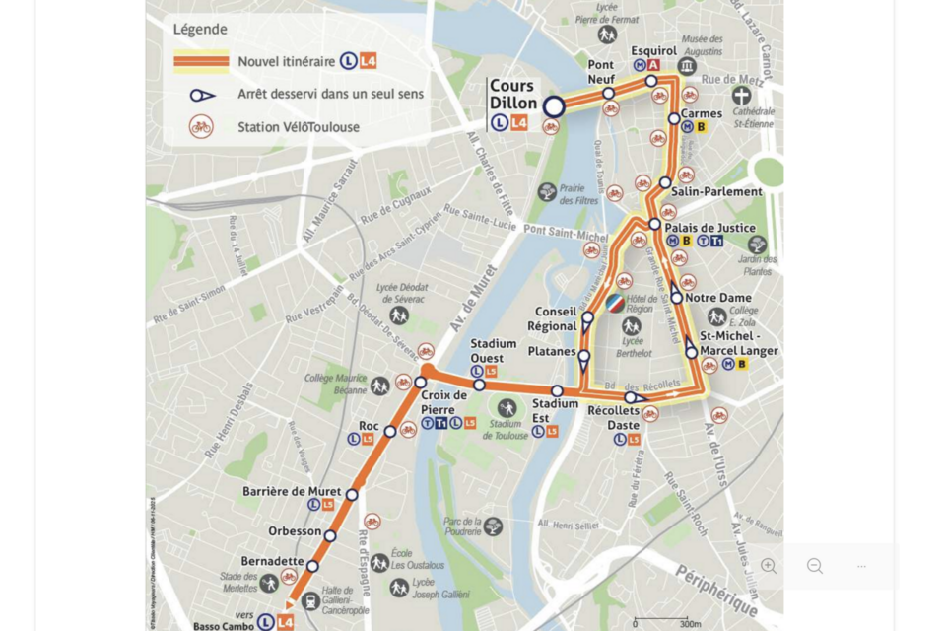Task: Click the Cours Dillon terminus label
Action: pos(513,95)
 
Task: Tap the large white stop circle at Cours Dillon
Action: pos(555,106)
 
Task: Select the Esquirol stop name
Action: pos(653,50)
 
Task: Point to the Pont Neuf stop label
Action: pos(601,72)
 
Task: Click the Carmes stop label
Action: pos(702,113)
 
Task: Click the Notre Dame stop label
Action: pos(718,298)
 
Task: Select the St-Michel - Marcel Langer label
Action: pos(732,343)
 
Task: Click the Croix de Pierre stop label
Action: pos(444,402)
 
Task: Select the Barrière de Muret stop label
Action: pos(292,491)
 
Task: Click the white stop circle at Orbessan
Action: pos(330,536)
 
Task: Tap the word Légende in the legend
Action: pos(200,30)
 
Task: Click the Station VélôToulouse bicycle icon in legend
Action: pos(201,127)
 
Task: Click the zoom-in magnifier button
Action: pos(769,566)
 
